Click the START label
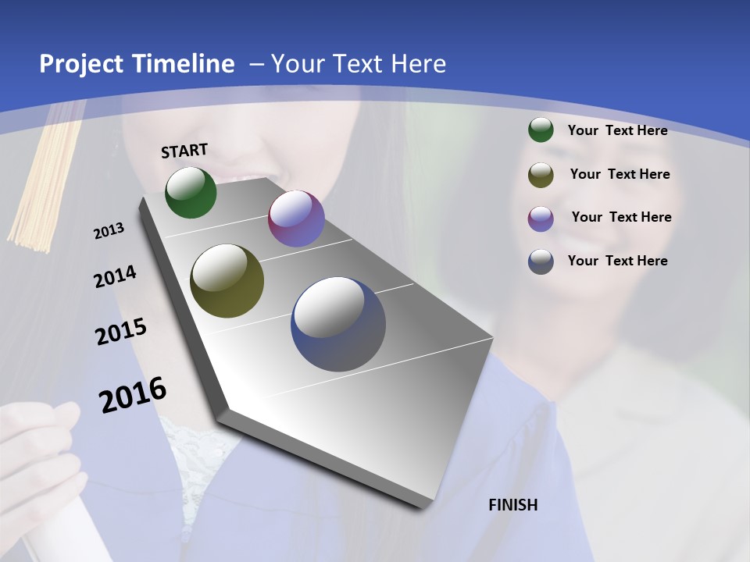(x=184, y=151)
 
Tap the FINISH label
(x=512, y=505)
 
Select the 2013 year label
(x=109, y=231)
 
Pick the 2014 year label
(x=115, y=277)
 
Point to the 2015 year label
(x=121, y=332)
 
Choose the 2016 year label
(x=133, y=394)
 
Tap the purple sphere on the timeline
(x=296, y=219)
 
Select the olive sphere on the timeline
(x=227, y=281)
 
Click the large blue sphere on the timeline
(x=338, y=324)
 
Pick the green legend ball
(x=541, y=130)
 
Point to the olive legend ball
(x=541, y=174)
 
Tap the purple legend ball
(x=541, y=218)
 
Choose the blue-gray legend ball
(x=541, y=261)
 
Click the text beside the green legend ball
(x=617, y=130)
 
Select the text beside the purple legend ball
(x=621, y=217)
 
